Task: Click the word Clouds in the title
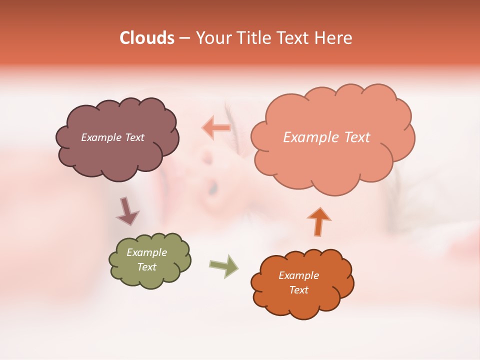click(x=147, y=38)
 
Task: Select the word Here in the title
click(x=333, y=38)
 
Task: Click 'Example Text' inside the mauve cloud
click(x=112, y=137)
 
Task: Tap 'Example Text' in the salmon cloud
click(x=326, y=137)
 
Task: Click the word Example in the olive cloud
click(x=146, y=252)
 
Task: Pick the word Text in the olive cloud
click(x=147, y=267)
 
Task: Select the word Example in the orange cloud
click(x=298, y=275)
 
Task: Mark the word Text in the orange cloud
click(x=298, y=290)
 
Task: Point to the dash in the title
click(x=184, y=38)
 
